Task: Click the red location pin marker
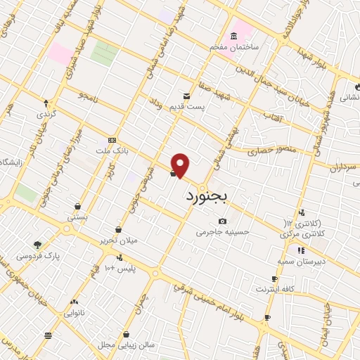181,166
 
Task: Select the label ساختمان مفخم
233,46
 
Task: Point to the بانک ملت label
112,150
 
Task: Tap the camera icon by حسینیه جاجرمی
223,221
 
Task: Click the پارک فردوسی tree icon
37,245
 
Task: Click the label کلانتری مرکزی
307,232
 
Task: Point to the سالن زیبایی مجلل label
126,345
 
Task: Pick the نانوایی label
74,311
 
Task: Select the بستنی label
77,217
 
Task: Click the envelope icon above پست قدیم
186,96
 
